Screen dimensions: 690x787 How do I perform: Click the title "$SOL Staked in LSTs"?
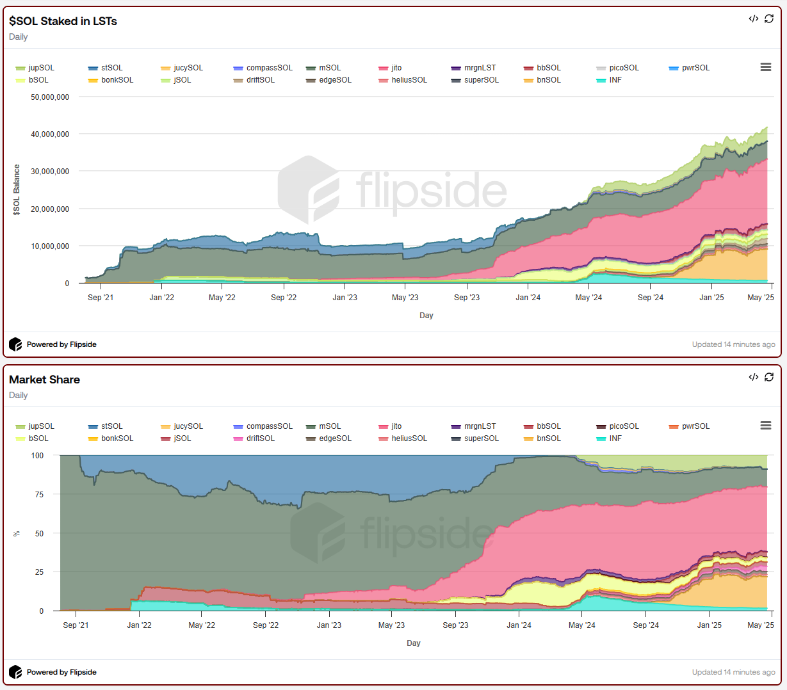[63, 21]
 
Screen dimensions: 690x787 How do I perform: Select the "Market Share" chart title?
[44, 380]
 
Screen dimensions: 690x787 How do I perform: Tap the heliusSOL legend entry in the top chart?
[409, 80]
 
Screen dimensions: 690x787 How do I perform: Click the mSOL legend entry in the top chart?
[329, 68]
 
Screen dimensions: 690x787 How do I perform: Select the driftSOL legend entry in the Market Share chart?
[260, 438]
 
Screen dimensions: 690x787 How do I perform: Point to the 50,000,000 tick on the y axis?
[50, 97]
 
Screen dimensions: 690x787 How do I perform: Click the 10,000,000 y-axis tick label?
[50, 246]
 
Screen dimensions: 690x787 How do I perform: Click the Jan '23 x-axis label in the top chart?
[345, 298]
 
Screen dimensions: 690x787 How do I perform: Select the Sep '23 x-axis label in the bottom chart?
[455, 625]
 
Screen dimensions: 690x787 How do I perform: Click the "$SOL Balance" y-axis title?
[17, 189]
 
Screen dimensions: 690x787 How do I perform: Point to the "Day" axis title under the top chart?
[426, 316]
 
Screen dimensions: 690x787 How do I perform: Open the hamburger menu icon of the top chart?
[765, 67]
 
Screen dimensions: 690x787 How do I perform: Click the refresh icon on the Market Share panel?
[769, 377]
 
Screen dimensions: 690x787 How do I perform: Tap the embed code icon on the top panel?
[754, 19]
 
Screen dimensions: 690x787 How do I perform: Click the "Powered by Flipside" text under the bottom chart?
[61, 672]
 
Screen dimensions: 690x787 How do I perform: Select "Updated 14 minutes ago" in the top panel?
[733, 344]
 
